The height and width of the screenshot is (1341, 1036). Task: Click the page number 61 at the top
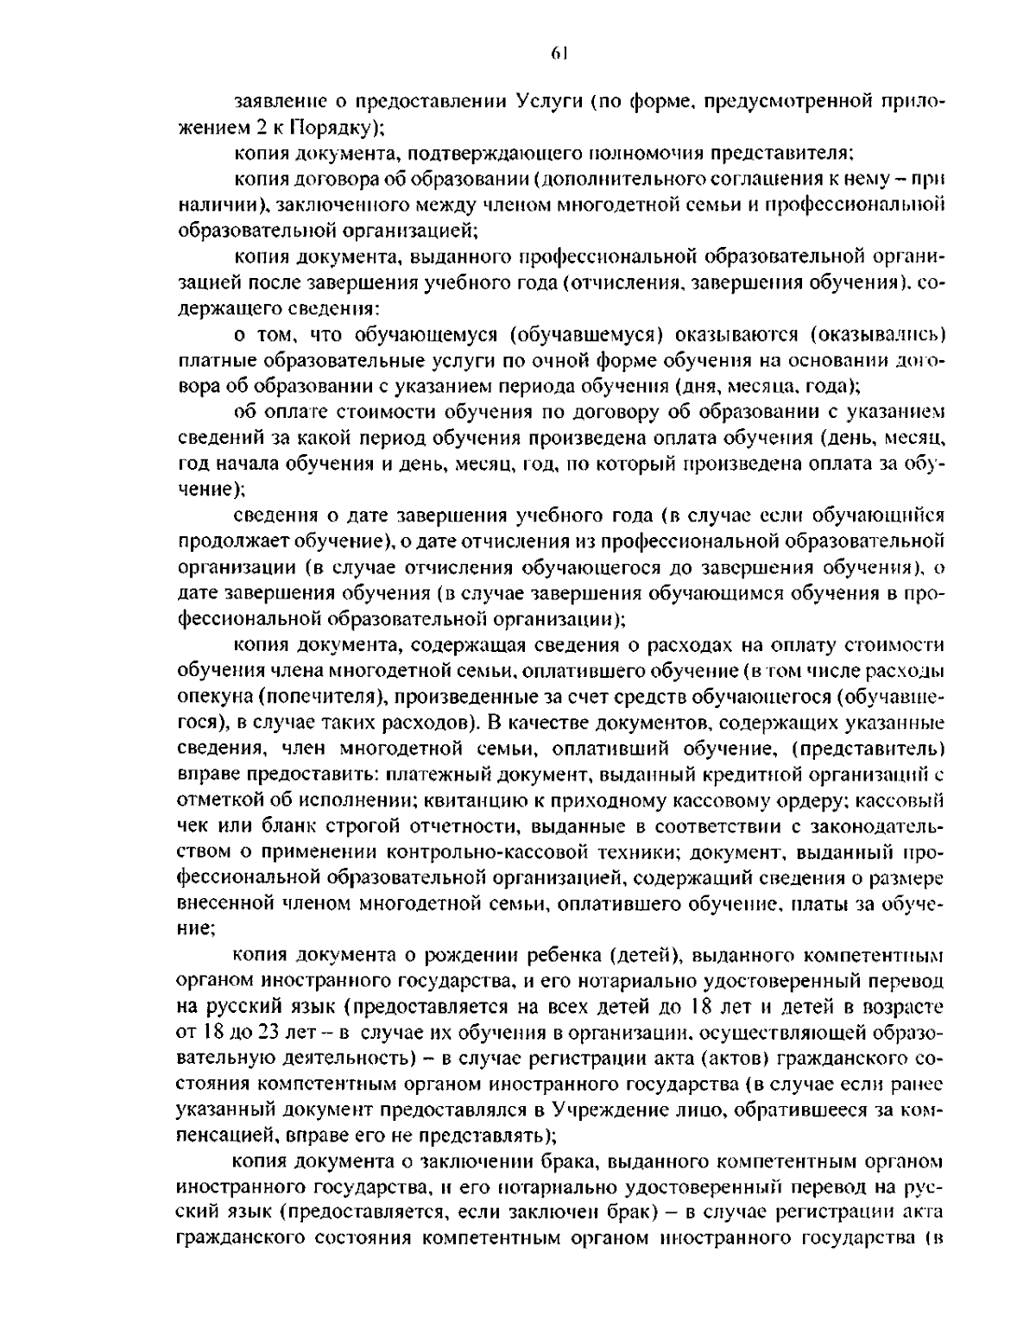click(557, 53)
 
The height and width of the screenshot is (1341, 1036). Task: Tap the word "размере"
click(907, 877)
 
